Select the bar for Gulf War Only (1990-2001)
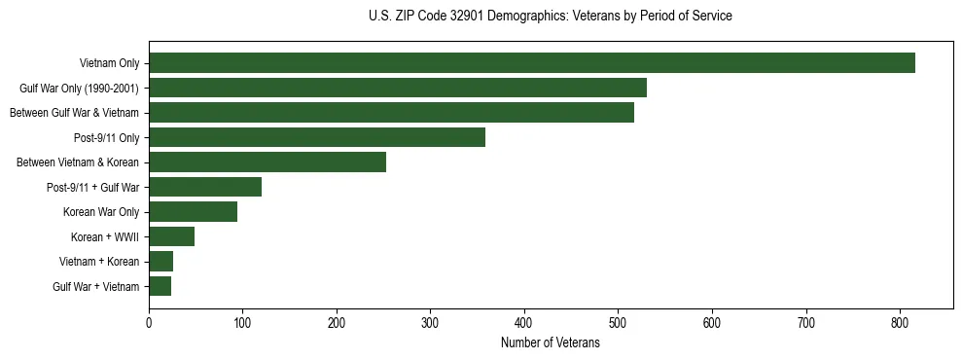point(397,88)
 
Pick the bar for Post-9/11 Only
point(316,137)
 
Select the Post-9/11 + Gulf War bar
point(204,187)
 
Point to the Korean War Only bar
point(193,212)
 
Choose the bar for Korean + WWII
point(171,236)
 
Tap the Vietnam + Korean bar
point(160,262)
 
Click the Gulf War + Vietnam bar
point(160,286)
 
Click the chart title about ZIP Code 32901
point(551,17)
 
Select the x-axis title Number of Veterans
point(551,343)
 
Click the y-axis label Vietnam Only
point(109,63)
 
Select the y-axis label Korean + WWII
point(105,236)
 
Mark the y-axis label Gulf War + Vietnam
point(96,286)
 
